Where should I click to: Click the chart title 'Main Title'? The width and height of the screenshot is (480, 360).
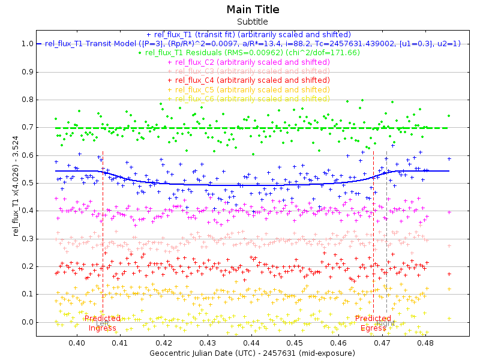click(253, 10)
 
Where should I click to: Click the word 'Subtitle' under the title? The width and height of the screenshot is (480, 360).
click(253, 22)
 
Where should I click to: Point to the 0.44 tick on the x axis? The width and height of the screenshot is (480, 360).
click(251, 343)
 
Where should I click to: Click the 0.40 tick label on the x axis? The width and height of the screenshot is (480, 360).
click(77, 343)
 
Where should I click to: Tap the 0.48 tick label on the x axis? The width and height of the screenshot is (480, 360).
click(425, 343)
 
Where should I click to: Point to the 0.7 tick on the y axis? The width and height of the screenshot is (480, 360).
click(27, 128)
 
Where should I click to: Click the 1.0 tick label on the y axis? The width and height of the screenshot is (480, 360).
click(27, 44)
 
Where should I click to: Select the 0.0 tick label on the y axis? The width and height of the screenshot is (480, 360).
click(27, 322)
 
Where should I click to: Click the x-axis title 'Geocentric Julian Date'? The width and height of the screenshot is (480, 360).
click(252, 353)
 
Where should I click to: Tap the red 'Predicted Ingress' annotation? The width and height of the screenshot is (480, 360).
click(103, 323)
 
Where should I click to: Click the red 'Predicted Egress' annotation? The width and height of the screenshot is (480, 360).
click(373, 323)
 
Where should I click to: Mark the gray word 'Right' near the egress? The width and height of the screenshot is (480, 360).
click(385, 323)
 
